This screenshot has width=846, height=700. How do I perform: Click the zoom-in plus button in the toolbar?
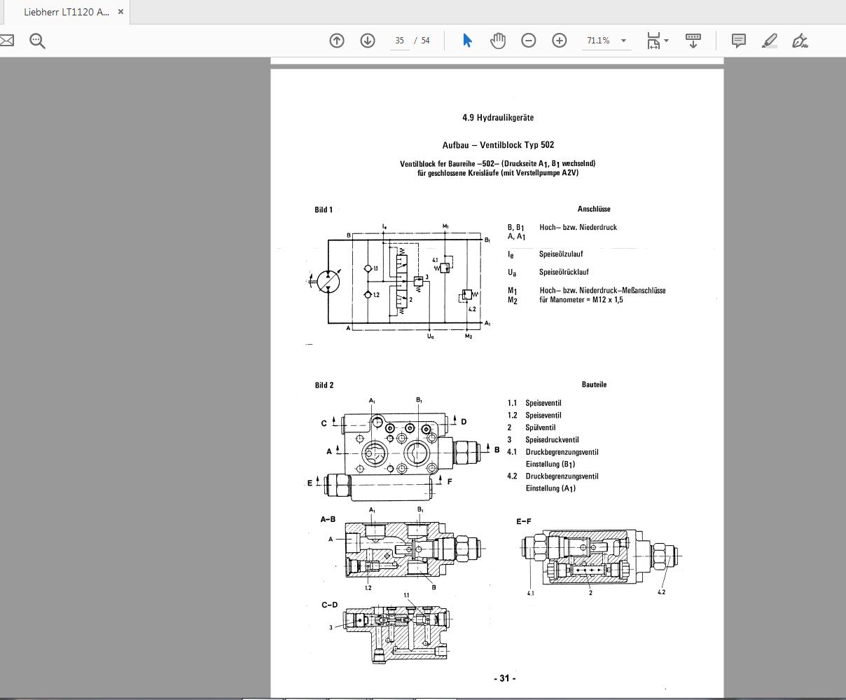(x=559, y=41)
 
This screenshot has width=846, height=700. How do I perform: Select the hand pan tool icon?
(x=498, y=41)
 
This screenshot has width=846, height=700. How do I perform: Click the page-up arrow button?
(x=337, y=41)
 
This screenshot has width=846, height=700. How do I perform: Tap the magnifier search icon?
(x=38, y=41)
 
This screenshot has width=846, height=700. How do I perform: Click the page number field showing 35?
(x=400, y=41)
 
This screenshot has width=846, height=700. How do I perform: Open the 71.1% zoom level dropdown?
(x=606, y=41)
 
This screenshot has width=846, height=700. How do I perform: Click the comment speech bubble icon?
(x=738, y=41)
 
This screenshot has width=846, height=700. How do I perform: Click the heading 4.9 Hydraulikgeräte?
(x=497, y=118)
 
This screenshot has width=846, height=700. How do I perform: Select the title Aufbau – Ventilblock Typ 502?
(x=497, y=145)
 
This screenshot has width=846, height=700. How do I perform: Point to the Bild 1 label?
(x=324, y=210)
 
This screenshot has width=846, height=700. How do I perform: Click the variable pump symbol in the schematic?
(x=328, y=282)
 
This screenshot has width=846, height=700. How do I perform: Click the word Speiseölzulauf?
(x=560, y=254)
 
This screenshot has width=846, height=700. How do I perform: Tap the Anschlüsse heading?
(x=593, y=209)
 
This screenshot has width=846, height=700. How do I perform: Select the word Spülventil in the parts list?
(x=540, y=427)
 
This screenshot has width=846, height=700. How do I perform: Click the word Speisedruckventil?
(x=552, y=440)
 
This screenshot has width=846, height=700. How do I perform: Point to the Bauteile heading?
(x=594, y=385)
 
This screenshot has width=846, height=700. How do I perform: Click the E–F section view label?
(x=523, y=521)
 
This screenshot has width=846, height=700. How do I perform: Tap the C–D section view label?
(x=329, y=605)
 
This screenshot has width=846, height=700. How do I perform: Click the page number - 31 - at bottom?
(x=504, y=678)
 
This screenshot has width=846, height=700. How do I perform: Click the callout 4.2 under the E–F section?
(x=661, y=592)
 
